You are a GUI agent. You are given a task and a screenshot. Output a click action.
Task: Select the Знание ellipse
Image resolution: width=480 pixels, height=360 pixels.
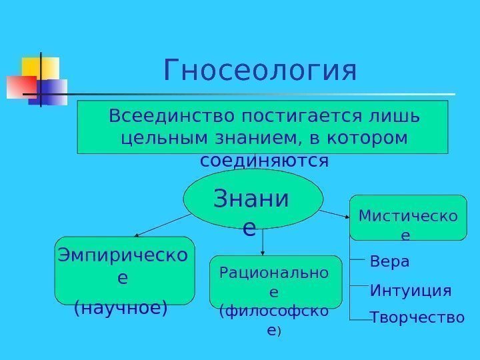point(253,200)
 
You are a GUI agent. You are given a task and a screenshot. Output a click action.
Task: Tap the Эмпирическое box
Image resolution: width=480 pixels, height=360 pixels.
point(124,270)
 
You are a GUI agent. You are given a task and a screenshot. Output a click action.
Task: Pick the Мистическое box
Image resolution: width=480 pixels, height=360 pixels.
point(408,217)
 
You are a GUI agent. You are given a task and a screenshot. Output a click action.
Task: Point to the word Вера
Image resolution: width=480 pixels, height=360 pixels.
point(390,262)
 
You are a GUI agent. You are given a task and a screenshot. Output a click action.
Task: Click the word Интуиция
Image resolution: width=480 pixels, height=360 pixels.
point(410,291)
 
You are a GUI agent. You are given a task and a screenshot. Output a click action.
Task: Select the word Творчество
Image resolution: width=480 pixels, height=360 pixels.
point(417,318)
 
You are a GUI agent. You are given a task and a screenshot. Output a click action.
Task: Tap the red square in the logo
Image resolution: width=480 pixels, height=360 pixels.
point(20,87)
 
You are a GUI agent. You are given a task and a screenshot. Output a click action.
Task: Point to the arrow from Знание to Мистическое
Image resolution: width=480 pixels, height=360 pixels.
point(334,213)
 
